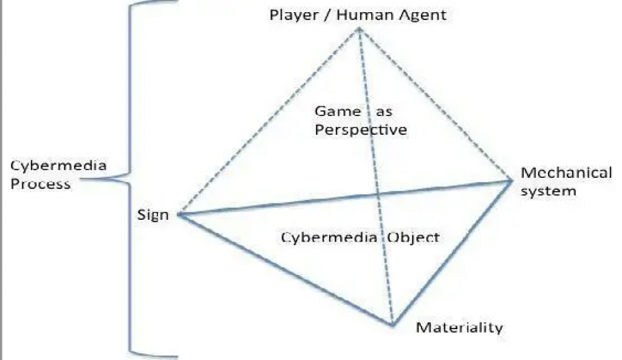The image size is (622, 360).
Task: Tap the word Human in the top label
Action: pyautogui.click(x=353, y=15)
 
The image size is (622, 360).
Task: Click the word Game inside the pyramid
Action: pyautogui.click(x=338, y=112)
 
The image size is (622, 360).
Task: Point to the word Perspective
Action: pyautogui.click(x=361, y=130)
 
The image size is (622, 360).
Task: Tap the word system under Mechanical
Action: pyautogui.click(x=548, y=191)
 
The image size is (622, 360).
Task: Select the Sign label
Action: pyautogui.click(x=153, y=215)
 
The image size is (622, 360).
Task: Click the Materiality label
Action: pyautogui.click(x=459, y=328)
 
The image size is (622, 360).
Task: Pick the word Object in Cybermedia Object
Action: pyautogui.click(x=413, y=237)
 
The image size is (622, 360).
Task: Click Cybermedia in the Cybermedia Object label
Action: pyautogui.click(x=330, y=237)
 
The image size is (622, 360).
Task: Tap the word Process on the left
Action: pyautogui.click(x=40, y=184)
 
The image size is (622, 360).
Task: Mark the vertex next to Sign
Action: pyautogui.click(x=177, y=214)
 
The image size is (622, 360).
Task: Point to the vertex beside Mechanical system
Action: pyautogui.click(x=512, y=180)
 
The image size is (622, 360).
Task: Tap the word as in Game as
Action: pyautogui.click(x=383, y=112)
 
